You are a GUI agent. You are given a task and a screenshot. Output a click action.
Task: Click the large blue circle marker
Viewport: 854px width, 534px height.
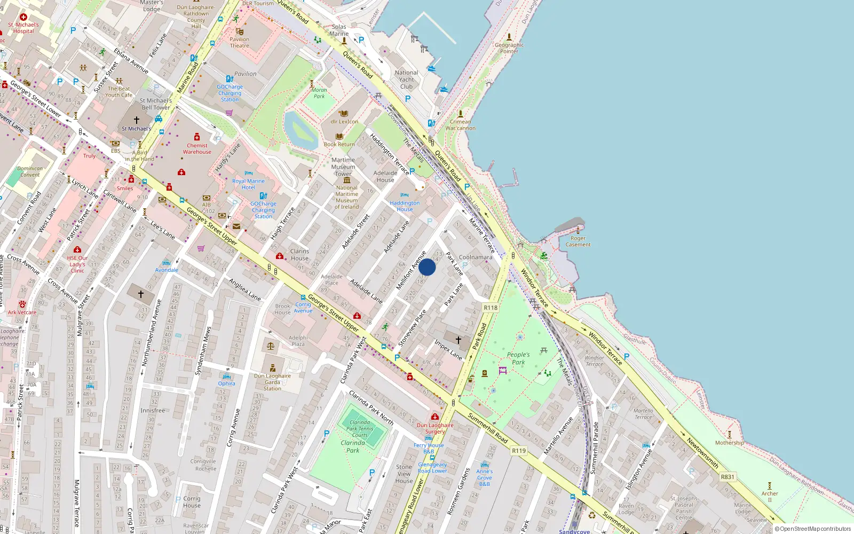427,267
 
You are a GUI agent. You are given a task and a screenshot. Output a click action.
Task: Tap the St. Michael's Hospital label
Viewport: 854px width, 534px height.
23,28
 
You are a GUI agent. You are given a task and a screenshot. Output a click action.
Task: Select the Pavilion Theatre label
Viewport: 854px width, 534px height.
239,42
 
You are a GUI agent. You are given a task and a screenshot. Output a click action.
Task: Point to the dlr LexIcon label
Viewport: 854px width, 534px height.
344,121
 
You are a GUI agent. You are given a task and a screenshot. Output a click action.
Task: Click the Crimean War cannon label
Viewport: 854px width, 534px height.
460,125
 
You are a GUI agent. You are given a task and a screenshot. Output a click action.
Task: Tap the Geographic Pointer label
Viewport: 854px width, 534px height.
509,48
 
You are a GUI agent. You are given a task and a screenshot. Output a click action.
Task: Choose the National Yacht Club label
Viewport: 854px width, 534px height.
406,80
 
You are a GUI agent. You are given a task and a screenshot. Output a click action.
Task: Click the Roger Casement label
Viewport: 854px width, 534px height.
578,241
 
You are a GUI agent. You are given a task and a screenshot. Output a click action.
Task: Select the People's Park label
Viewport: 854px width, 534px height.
518,358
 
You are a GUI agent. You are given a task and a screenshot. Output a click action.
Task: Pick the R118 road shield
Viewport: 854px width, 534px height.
491,308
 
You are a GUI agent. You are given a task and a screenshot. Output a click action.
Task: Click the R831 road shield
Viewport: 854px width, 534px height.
728,477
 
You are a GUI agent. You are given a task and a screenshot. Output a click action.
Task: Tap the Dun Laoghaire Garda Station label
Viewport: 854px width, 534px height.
272,382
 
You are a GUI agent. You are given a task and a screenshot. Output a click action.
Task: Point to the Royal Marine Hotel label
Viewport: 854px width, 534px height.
248,184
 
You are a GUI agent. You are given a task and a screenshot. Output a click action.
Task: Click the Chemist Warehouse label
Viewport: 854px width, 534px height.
197,148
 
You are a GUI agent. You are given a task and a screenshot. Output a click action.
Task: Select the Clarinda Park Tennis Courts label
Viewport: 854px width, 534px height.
360,428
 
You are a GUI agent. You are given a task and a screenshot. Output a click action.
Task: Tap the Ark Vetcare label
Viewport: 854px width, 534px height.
22,312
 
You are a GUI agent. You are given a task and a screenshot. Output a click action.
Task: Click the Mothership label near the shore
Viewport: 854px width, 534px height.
729,443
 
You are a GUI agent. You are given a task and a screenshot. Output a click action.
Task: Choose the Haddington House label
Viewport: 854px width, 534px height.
405,206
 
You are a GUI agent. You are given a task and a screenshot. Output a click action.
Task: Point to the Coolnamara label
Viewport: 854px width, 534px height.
476,257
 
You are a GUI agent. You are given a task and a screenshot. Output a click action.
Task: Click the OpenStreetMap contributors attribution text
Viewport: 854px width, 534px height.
815,529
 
